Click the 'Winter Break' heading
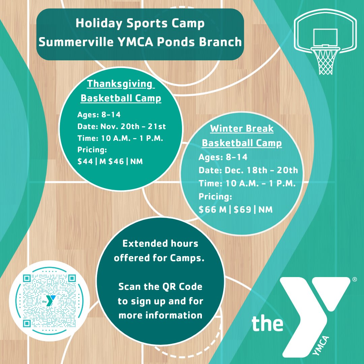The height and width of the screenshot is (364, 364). (242, 129)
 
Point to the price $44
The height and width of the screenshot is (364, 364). (85, 161)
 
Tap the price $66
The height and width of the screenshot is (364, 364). (207, 210)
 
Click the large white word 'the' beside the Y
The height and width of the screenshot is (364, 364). (267, 323)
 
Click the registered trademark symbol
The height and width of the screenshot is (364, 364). (354, 279)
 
